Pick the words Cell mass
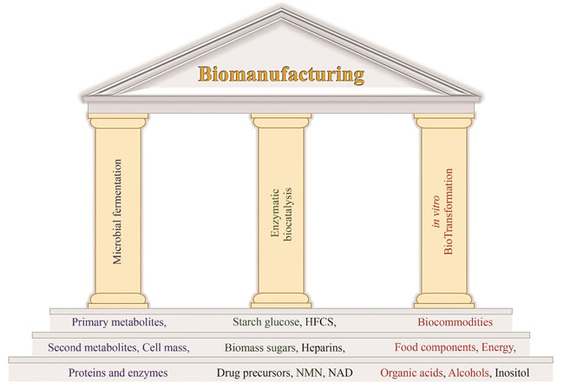[x=169, y=348]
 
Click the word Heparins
[x=325, y=348]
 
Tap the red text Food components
[x=434, y=348]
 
